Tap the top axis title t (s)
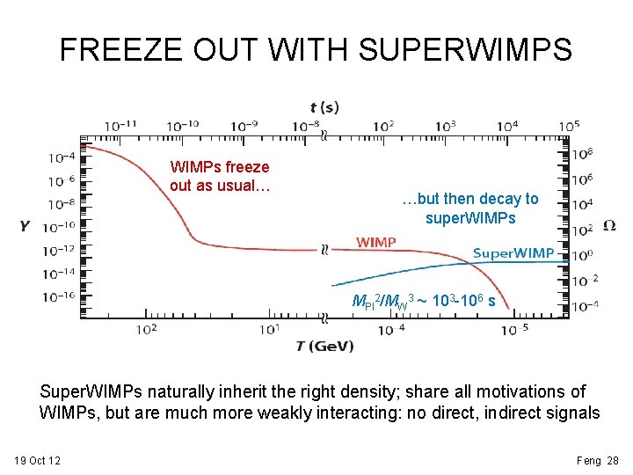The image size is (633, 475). pos(324,107)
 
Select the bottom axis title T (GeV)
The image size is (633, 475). pos(324,346)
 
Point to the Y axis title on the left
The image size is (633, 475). pos(25,226)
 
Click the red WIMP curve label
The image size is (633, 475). pos(375,242)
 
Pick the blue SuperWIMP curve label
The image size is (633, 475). pos(513,253)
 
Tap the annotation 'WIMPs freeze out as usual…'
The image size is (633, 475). pos(220,176)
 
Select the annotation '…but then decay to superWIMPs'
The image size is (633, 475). pos(469,208)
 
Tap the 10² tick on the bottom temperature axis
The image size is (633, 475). pos(147,329)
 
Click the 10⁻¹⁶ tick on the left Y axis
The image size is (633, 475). pos(61,296)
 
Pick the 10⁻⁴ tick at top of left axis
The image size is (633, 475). pos(61,157)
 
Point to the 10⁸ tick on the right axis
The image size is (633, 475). pos(582,154)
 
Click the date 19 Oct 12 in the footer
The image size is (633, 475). pos(37,460)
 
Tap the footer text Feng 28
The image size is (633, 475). pos(598,460)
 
